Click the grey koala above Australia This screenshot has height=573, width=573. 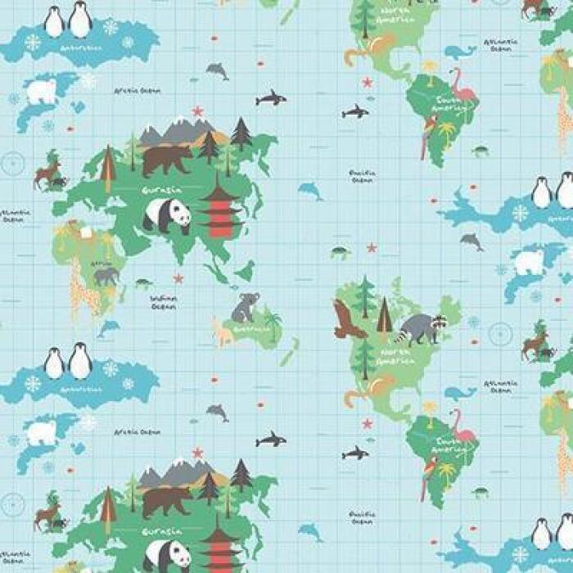tap(244, 307)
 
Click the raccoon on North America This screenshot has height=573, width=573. tap(419, 327)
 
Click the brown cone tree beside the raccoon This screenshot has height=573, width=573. tap(384, 315)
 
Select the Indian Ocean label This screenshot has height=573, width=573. tap(164, 302)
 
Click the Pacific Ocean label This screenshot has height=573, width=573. tap(361, 176)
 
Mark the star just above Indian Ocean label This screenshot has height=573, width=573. tap(178, 278)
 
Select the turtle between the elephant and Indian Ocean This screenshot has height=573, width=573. tap(144, 283)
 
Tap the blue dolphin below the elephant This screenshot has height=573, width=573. tap(107, 327)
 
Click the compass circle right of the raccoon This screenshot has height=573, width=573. tap(499, 334)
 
